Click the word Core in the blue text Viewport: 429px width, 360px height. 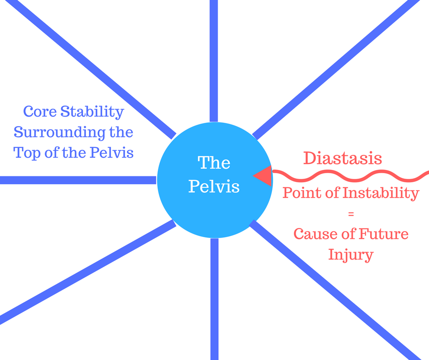point(40,111)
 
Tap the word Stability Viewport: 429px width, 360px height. point(92,112)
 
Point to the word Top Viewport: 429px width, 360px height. point(27,153)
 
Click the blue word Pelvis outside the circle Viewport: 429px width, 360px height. point(112,152)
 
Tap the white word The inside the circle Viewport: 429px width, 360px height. point(214,163)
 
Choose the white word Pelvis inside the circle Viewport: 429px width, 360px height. point(214,186)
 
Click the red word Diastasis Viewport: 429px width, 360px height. point(343,158)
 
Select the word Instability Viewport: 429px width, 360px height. point(381,193)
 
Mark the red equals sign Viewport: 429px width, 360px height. point(351,214)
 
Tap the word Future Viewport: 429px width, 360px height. point(383,234)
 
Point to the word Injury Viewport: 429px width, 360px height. point(351,255)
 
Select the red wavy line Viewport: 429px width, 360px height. point(351,175)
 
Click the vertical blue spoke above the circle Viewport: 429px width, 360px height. point(214,61)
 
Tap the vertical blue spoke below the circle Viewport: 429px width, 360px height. point(214,299)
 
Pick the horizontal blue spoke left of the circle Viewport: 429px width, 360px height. point(78,180)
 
